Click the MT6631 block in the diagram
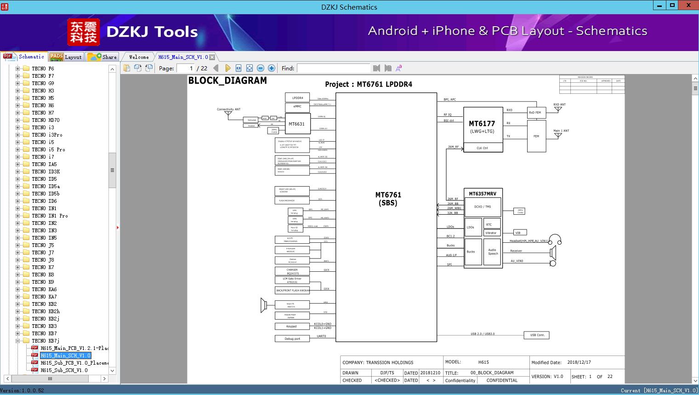pyautogui.click(x=296, y=124)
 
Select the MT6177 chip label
pyautogui.click(x=482, y=124)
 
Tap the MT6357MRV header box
pyautogui.click(x=483, y=194)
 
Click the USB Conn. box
pyautogui.click(x=537, y=335)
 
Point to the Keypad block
pyautogui.click(x=291, y=326)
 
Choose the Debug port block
pyautogui.click(x=292, y=339)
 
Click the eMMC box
pyautogui.click(x=297, y=107)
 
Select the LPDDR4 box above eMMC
pyautogui.click(x=297, y=97)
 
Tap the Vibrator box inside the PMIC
pyautogui.click(x=491, y=233)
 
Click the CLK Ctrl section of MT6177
pyautogui.click(x=482, y=148)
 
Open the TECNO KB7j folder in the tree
pyautogui.click(x=45, y=341)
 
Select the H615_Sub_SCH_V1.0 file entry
pyautogui.click(x=63, y=370)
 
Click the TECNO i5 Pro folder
pyautogui.click(x=48, y=149)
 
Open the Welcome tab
pyautogui.click(x=139, y=57)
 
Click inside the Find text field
pyautogui.click(x=333, y=68)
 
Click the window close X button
pyautogui.click(x=688, y=6)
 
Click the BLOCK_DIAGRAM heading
pyautogui.click(x=227, y=80)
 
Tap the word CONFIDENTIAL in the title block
pyautogui.click(x=502, y=380)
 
